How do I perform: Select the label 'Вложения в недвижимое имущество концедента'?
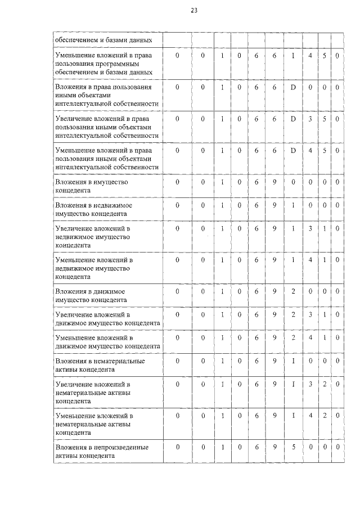pyautogui.click(x=93, y=209)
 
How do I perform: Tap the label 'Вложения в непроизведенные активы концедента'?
pyautogui.click(x=101, y=451)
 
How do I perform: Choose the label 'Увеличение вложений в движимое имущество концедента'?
pyautogui.click(x=106, y=318)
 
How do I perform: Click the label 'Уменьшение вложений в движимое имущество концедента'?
pyautogui.click(x=106, y=341)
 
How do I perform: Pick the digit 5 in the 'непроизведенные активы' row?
pyautogui.click(x=293, y=447)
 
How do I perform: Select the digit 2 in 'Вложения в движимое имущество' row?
pyautogui.click(x=293, y=291)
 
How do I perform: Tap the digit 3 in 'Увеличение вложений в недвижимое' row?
pyautogui.click(x=310, y=229)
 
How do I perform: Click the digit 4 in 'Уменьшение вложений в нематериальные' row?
pyautogui.click(x=310, y=416)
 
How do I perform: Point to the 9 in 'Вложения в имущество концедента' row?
pyautogui.click(x=274, y=182)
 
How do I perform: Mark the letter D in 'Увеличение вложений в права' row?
pyautogui.click(x=293, y=119)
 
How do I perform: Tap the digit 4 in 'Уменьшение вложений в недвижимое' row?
pyautogui.click(x=310, y=260)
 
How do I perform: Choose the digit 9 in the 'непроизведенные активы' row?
pyautogui.click(x=274, y=447)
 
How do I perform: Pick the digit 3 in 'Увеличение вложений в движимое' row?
pyautogui.click(x=310, y=314)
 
